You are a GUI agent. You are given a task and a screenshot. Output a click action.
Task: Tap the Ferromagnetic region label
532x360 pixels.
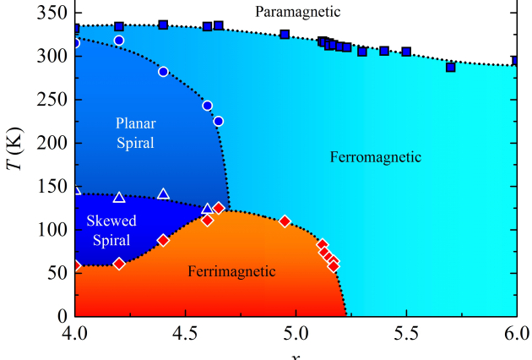pos(375,157)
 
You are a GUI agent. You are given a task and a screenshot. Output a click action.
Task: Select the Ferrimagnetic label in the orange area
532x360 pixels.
pos(231,271)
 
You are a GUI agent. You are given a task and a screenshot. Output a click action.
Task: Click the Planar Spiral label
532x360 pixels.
pos(135,133)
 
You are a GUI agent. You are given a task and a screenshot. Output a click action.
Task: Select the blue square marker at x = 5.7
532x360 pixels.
pos(450,67)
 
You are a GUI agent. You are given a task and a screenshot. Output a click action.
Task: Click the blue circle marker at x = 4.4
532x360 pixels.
pos(163,72)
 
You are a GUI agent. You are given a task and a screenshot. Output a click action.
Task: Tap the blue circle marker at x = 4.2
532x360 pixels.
pos(119,41)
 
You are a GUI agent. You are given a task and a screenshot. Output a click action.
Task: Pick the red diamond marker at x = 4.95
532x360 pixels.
pos(285,221)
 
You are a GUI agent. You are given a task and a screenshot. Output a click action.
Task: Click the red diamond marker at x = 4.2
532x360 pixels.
pos(119,264)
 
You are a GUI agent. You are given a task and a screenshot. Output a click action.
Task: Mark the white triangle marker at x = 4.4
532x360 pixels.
pos(163,194)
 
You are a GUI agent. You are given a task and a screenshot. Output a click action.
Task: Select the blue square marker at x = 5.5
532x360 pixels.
pos(406,52)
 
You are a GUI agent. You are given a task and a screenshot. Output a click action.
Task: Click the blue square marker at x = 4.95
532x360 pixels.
pos(285,35)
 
